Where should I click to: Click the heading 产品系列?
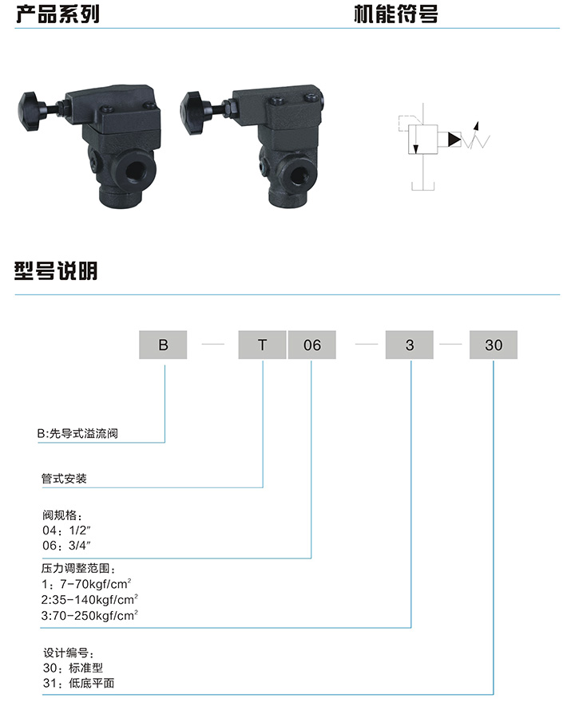click(x=57, y=14)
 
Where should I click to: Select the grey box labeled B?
click(x=164, y=345)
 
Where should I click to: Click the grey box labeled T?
click(x=262, y=345)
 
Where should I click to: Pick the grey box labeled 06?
click(x=311, y=345)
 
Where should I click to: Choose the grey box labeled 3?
click(x=410, y=345)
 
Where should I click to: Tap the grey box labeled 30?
click(x=494, y=345)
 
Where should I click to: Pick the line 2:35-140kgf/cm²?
click(x=90, y=599)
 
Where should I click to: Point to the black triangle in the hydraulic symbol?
click(x=454, y=140)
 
